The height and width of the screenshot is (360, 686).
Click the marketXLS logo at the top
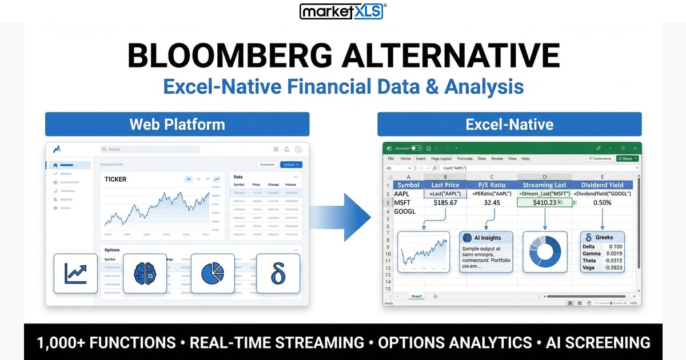(x=342, y=11)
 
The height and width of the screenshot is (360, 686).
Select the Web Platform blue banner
(x=177, y=124)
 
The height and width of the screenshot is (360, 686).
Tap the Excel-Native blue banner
(x=509, y=124)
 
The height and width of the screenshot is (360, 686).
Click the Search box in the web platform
(x=150, y=149)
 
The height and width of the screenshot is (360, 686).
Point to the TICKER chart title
(x=115, y=179)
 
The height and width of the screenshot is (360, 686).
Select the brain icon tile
(x=145, y=274)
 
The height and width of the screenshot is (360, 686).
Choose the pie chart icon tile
(x=213, y=274)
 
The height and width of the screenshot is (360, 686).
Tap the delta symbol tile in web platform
(x=278, y=274)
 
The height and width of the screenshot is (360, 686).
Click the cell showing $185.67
(x=445, y=202)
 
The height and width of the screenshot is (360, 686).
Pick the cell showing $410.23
(x=544, y=202)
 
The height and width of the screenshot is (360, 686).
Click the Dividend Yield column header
(x=603, y=185)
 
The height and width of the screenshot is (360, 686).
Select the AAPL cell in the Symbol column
(x=403, y=194)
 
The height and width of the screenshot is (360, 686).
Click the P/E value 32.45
(x=492, y=202)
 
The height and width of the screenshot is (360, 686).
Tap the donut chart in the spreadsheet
(x=545, y=251)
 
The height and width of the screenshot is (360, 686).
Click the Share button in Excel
(x=627, y=158)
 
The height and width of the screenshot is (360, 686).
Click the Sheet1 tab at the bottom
(x=417, y=296)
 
